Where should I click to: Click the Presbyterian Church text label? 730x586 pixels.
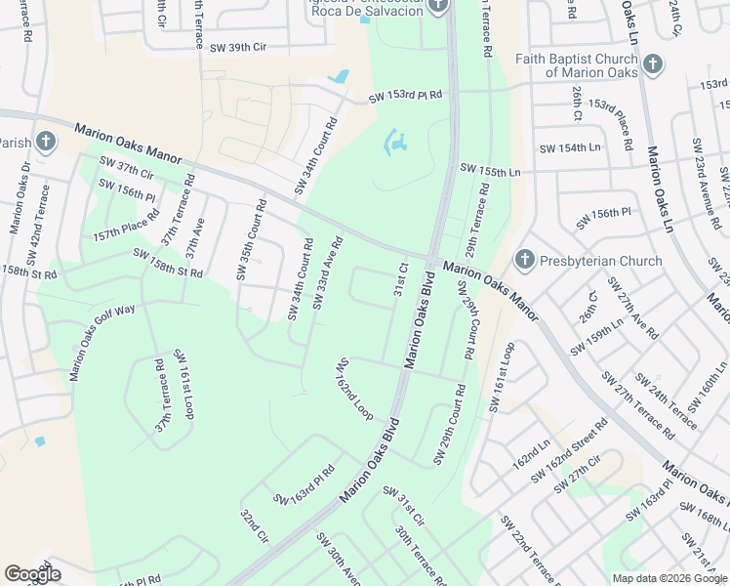pyautogui.click(x=600, y=261)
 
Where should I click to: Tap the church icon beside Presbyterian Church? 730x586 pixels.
pyautogui.click(x=524, y=260)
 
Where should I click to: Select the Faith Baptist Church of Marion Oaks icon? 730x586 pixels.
pyautogui.click(x=653, y=65)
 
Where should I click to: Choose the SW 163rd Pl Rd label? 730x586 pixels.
pyautogui.click(x=304, y=485)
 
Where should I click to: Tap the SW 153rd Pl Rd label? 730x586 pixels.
pyautogui.click(x=405, y=96)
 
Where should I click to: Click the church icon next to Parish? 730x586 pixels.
pyautogui.click(x=45, y=143)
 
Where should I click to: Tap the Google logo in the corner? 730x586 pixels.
pyautogui.click(x=32, y=573)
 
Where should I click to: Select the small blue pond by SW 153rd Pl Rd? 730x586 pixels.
pyautogui.click(x=339, y=76)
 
